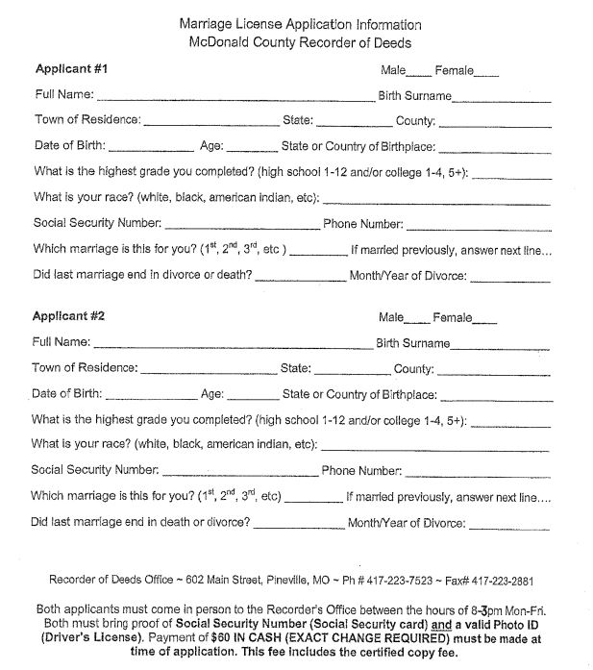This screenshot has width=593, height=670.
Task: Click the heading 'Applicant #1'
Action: pos(71,69)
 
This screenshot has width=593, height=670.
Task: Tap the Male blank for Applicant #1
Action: pos(419,72)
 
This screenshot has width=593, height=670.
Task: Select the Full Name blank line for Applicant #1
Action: pos(235,98)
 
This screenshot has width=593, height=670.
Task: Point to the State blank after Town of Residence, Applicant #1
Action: pos(355,125)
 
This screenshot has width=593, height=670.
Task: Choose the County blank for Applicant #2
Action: pos(494,372)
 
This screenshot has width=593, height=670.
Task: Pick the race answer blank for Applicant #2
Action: pos(435,449)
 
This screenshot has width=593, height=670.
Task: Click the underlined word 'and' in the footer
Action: pos(442,623)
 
